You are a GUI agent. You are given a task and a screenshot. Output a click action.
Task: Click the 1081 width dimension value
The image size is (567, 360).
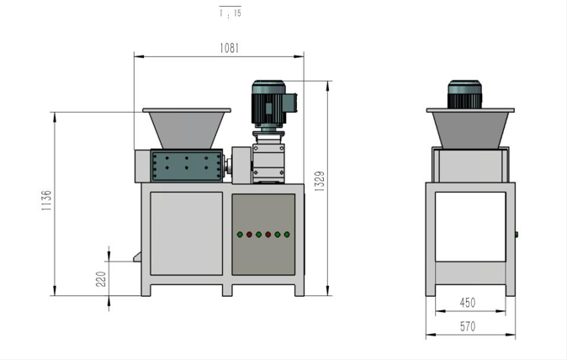pyautogui.click(x=230, y=48)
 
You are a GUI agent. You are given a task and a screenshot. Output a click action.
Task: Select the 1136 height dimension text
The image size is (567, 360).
pyautogui.click(x=46, y=200)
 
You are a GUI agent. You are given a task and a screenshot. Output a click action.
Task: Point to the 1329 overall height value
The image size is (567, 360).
pyautogui.click(x=320, y=181)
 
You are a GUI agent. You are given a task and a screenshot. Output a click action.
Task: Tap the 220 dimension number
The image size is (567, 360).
pyautogui.click(x=101, y=279)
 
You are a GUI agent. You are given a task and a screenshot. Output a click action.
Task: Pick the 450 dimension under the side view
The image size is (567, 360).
pyautogui.click(x=468, y=303)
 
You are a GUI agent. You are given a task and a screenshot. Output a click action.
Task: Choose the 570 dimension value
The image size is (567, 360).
pyautogui.click(x=468, y=326)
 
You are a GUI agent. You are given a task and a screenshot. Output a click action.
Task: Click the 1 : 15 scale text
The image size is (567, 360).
pyautogui.click(x=230, y=13)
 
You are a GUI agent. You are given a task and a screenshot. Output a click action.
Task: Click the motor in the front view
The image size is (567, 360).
pyautogui.click(x=273, y=105)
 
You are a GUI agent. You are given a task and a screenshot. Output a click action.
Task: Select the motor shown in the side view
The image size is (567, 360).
pyautogui.click(x=464, y=94)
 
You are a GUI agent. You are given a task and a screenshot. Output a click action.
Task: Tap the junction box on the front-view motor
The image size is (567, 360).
pyautogui.click(x=289, y=103)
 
